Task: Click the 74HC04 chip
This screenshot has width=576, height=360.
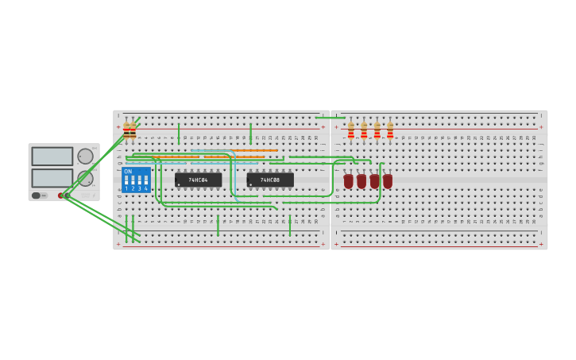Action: tap(198, 180)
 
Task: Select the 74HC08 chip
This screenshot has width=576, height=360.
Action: tap(269, 180)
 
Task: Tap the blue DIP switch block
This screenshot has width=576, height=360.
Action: tap(136, 180)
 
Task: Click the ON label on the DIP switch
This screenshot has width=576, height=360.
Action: tap(128, 172)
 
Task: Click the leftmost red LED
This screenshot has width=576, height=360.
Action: tap(348, 181)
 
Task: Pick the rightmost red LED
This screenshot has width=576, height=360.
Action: tap(388, 181)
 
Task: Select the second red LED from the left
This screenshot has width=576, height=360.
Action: tap(361, 181)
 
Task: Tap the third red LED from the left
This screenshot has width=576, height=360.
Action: tap(374, 181)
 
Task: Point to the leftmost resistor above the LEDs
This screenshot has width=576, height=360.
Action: tap(351, 130)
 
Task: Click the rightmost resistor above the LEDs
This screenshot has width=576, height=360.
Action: tap(390, 130)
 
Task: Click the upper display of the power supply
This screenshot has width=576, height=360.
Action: tap(52, 156)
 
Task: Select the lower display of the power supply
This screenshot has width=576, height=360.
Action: tap(52, 177)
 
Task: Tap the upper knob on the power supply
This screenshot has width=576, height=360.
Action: tap(84, 157)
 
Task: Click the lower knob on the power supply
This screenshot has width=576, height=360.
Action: tap(84, 178)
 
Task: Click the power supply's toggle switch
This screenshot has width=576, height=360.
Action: tap(37, 195)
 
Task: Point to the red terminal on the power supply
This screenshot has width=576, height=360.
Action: tap(60, 195)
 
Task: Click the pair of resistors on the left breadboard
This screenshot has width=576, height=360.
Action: tap(130, 130)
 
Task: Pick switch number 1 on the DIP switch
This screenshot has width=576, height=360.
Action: tap(126, 181)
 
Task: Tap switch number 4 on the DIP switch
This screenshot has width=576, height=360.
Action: tap(145, 181)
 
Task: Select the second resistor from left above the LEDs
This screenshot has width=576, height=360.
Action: tap(364, 130)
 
